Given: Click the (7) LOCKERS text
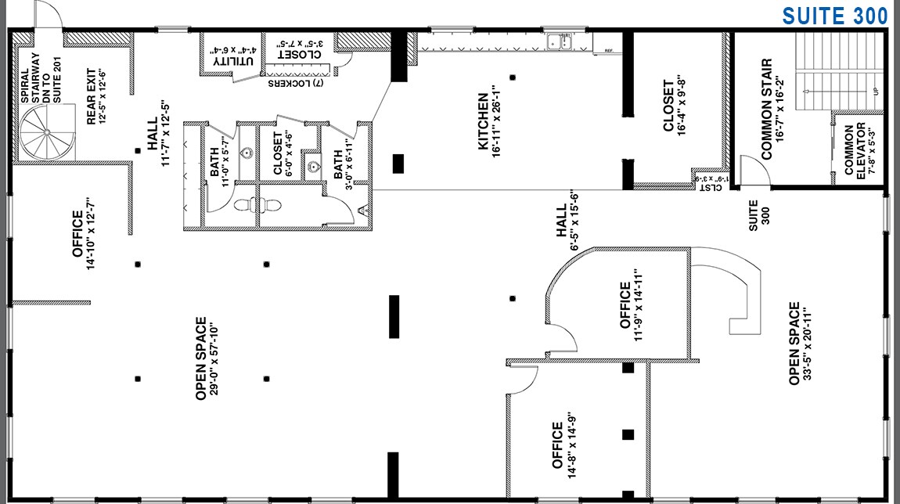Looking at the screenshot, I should (x=301, y=83).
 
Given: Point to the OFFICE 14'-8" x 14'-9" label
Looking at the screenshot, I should (x=563, y=445).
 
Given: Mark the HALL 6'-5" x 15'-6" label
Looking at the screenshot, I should (x=567, y=222).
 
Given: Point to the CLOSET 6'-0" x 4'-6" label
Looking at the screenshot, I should (x=284, y=153).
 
